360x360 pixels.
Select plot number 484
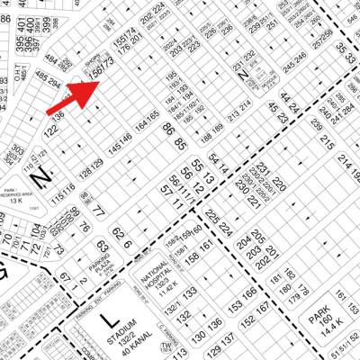[49, 62]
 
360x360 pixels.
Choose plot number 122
[53, 132]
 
